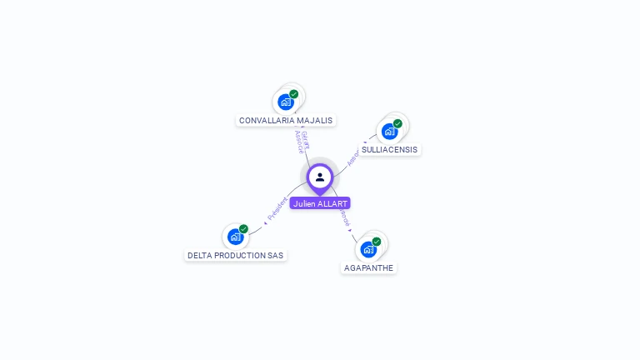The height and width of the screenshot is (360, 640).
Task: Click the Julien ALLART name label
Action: [x=320, y=203]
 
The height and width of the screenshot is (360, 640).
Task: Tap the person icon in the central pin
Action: [x=320, y=177]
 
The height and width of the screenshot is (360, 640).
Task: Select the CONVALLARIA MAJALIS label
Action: [x=286, y=120]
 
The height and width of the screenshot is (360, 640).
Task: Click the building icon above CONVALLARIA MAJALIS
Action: [x=286, y=102]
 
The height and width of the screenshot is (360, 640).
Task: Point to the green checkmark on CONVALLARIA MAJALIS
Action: [x=294, y=94]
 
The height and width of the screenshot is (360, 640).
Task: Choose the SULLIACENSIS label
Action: [x=390, y=149]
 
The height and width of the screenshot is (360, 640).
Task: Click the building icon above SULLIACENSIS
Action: [x=389, y=131]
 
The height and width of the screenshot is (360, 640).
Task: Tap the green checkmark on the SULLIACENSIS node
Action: [x=397, y=123]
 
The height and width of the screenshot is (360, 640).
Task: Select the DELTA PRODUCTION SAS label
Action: [x=236, y=255]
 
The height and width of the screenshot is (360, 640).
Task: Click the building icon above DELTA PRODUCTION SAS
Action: [x=235, y=237]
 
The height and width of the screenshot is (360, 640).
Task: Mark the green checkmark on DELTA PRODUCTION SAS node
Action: [x=243, y=229]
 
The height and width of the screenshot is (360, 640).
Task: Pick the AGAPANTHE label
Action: [x=368, y=267]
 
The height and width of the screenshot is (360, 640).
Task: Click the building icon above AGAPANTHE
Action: [x=368, y=249]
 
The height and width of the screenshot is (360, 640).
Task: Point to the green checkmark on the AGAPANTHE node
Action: [x=377, y=242]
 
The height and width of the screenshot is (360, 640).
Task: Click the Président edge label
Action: [x=276, y=208]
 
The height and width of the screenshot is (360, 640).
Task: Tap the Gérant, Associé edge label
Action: [x=302, y=141]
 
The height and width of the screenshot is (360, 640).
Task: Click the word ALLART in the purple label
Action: [x=332, y=203]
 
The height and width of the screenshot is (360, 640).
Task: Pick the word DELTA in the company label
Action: [x=199, y=255]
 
